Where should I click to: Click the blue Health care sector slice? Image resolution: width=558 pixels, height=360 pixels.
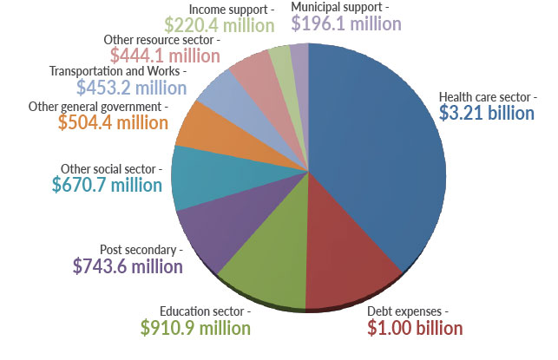382,156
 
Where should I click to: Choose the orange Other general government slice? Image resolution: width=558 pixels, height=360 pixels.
202,126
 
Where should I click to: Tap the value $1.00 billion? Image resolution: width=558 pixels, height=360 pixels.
414,328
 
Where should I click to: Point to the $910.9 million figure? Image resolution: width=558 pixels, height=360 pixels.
195,328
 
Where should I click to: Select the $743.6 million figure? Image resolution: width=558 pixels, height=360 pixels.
128,266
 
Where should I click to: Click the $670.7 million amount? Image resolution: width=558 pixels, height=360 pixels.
107,185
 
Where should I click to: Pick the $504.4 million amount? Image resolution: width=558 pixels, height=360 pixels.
113,122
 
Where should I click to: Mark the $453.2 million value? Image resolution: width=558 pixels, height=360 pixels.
131,88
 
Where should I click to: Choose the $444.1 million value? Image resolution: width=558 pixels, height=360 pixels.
165,56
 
